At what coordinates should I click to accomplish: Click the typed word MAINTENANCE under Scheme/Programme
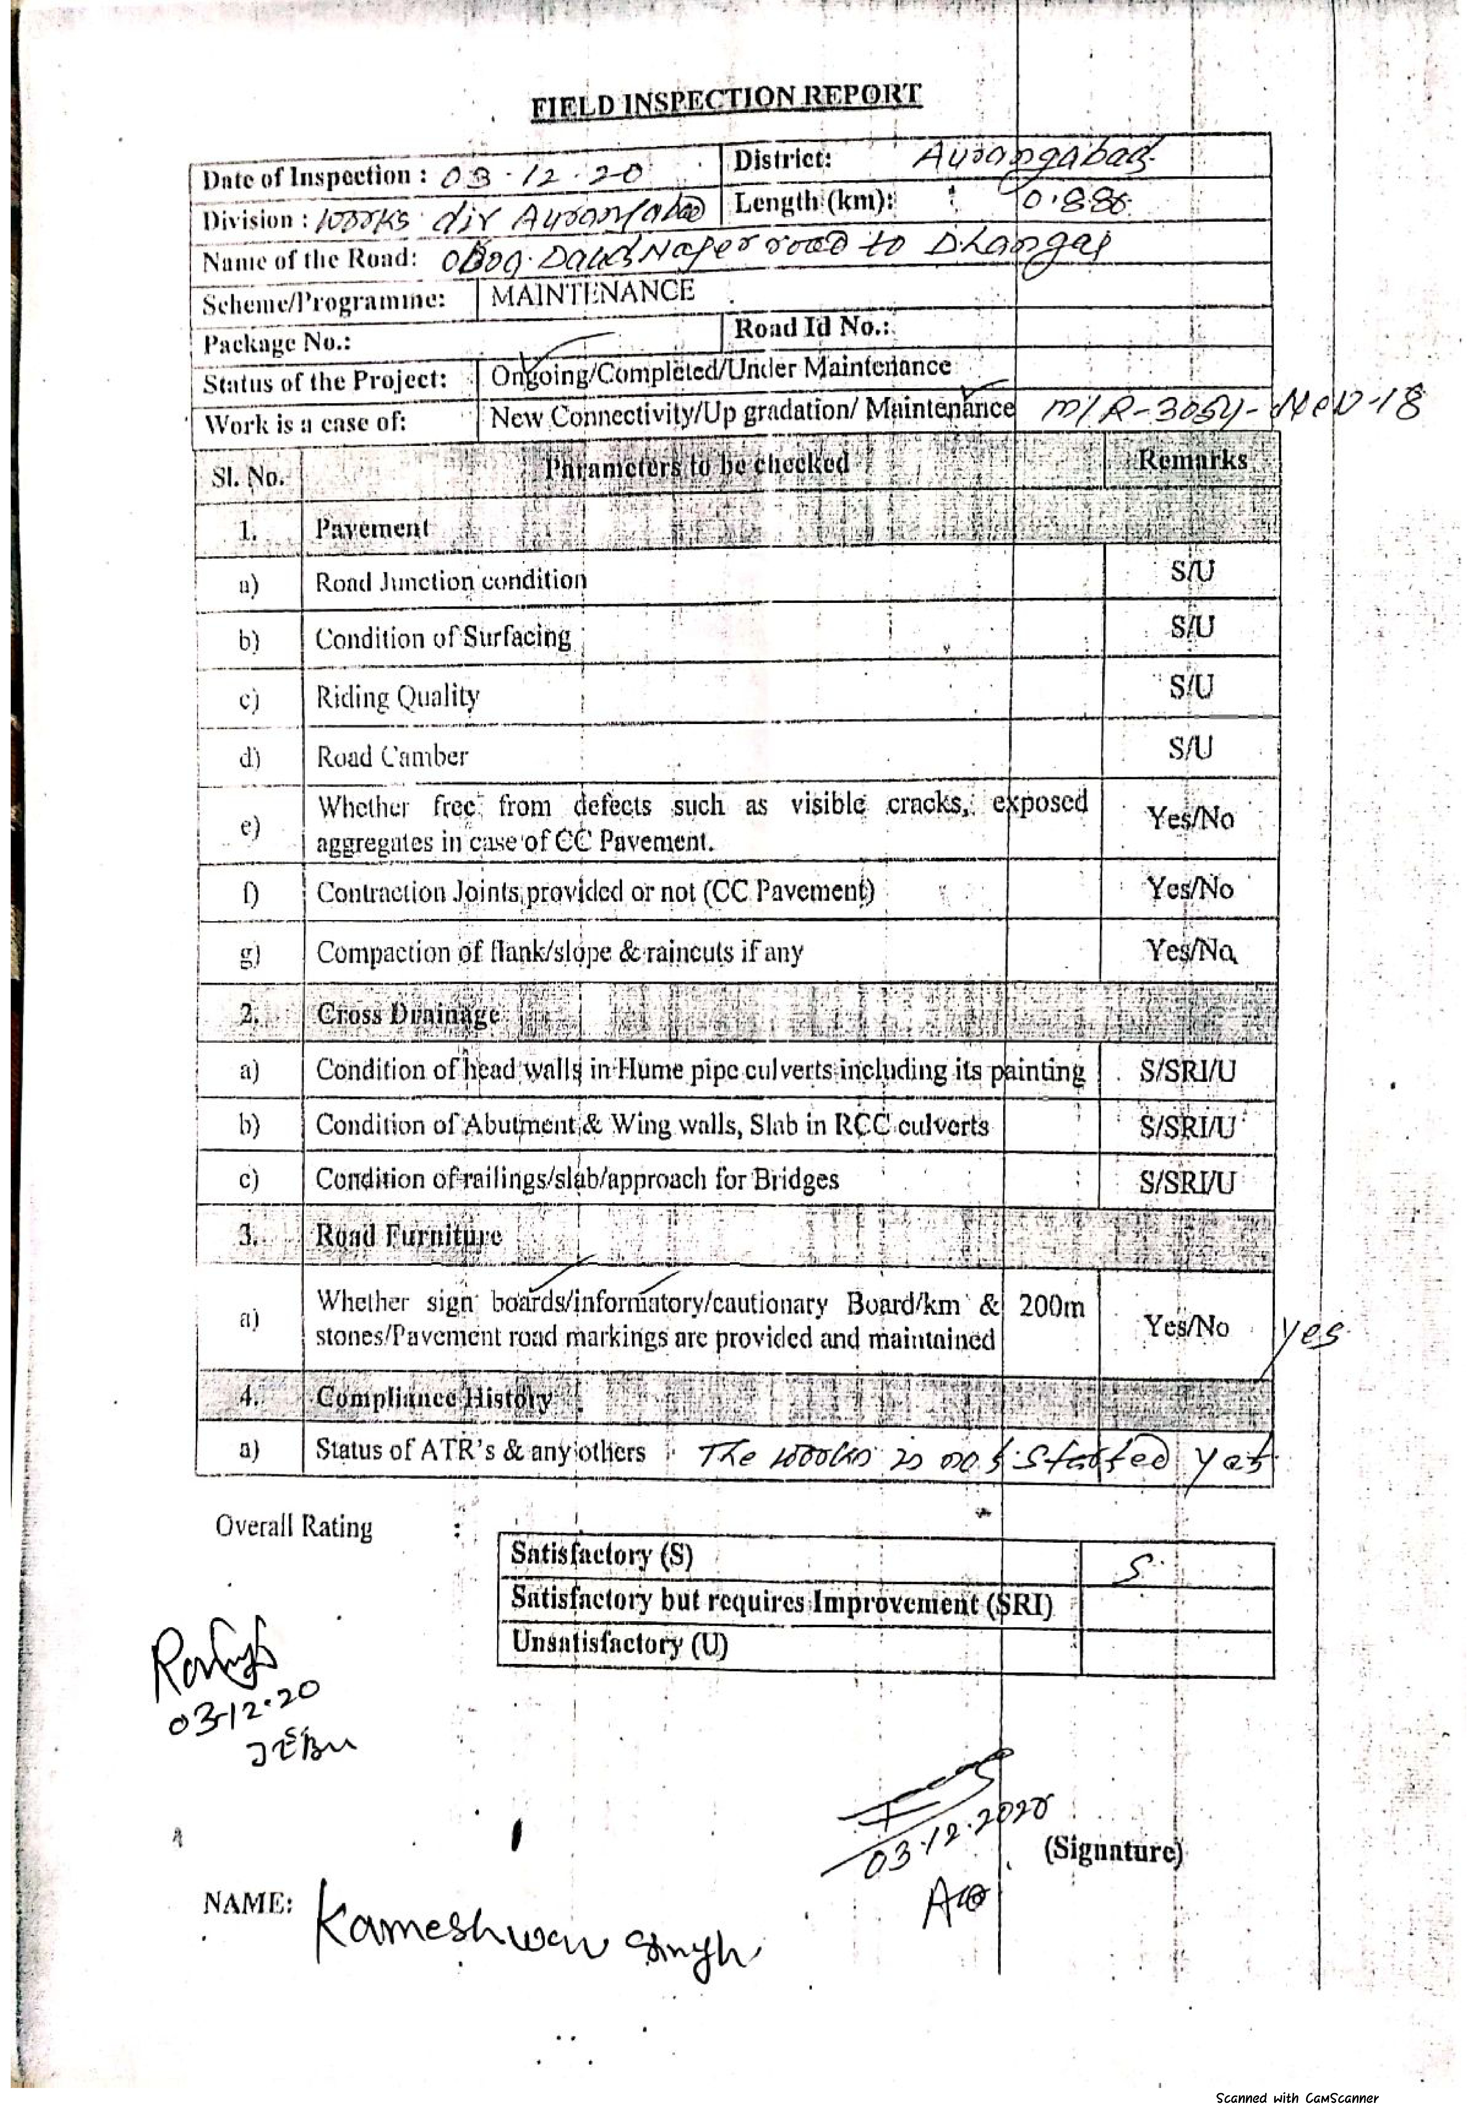tap(592, 293)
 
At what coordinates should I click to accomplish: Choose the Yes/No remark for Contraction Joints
tap(1190, 890)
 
